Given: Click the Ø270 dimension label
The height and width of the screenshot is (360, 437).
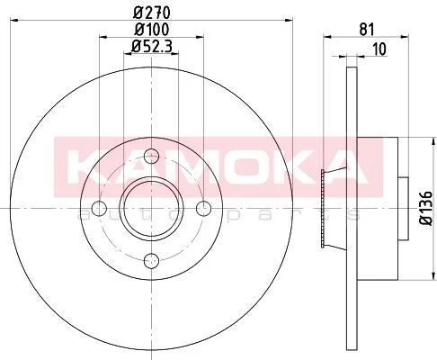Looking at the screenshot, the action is coord(151,13).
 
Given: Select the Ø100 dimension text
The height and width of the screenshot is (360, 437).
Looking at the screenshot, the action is coord(151,30).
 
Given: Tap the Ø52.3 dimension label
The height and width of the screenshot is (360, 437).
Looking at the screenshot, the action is coord(151,47).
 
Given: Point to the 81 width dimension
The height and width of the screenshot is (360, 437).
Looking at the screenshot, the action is coord(367,30).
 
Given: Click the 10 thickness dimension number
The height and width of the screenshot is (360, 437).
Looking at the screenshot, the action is coord(379,49).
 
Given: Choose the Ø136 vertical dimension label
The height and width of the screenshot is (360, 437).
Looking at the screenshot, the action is coord(425,208).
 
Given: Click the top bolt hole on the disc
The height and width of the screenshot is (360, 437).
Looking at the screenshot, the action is coord(151,156).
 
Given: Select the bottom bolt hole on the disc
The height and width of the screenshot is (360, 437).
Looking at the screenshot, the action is coord(151,261).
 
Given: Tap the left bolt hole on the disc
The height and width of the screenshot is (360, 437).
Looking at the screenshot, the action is coord(99,209).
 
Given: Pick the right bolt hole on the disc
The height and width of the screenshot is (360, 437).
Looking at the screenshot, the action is coord(203,209).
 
